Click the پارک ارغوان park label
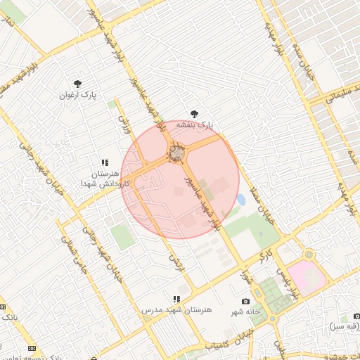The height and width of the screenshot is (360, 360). pos(77,94)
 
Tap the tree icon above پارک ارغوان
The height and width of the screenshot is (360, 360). pos(77,83)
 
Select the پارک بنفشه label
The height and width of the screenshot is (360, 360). pos(194,124)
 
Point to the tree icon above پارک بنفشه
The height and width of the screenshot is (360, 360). pos(194,114)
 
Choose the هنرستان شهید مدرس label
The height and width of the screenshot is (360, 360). pos(176,309)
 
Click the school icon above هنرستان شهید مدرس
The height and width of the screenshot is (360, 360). pos(176,300)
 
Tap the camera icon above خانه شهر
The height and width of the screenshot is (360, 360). pos(245,301)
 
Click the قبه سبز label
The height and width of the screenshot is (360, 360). pos(342,327)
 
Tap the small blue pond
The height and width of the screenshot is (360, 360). pos(240,200)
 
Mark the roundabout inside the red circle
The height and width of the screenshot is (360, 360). pos(176,152)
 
